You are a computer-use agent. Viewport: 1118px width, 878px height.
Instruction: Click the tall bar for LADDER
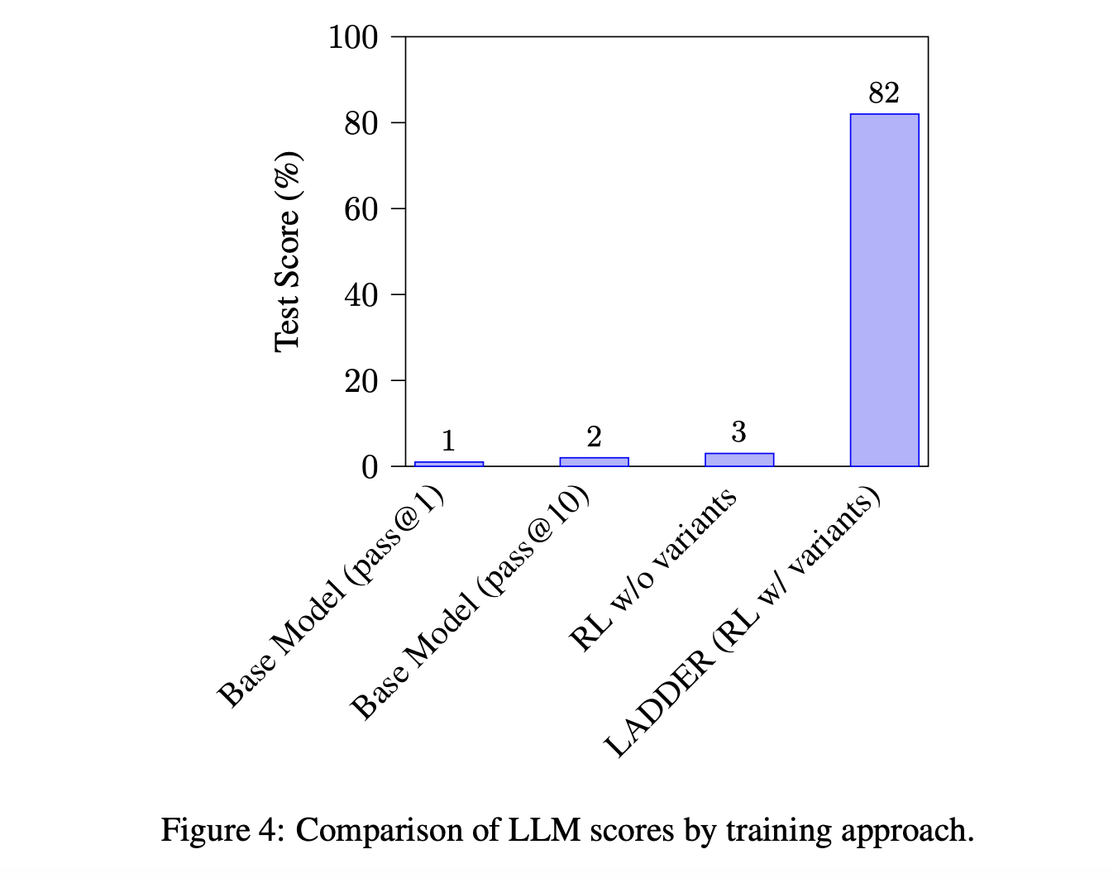(x=884, y=289)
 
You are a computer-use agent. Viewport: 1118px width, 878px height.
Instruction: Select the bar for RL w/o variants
(x=738, y=460)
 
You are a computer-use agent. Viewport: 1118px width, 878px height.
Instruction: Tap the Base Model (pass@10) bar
(x=594, y=461)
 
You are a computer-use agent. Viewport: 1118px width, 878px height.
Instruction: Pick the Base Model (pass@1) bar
(x=448, y=464)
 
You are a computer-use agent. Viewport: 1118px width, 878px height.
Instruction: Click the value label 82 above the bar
(x=884, y=93)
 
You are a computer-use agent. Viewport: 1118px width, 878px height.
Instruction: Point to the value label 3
(x=738, y=432)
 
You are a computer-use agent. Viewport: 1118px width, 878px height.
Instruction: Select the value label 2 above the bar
(x=594, y=437)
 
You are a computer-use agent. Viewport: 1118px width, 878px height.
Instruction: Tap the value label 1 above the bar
(x=448, y=441)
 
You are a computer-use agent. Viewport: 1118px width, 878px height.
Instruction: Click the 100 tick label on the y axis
(x=353, y=37)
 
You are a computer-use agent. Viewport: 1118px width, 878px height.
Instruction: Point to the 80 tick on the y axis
(x=362, y=123)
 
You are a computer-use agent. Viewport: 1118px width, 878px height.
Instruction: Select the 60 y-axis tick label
(x=362, y=209)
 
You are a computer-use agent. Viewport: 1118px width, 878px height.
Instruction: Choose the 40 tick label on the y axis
(x=362, y=295)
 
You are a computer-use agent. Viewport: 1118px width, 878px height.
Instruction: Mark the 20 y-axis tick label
(x=362, y=381)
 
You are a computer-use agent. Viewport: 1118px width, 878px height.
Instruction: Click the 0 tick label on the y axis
(x=370, y=467)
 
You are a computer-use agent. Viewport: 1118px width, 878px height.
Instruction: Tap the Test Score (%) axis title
(x=287, y=251)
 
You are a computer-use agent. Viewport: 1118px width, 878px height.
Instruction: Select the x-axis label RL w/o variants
(x=652, y=570)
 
